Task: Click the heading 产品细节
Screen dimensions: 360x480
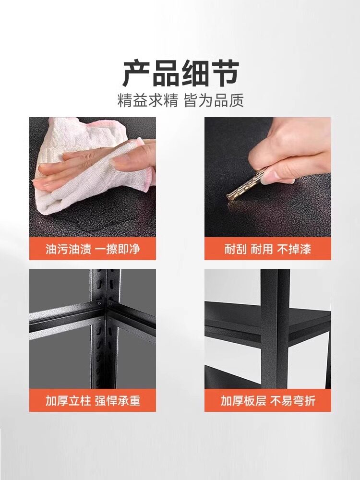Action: [x=180, y=73]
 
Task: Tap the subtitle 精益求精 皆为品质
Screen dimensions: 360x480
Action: [x=180, y=100]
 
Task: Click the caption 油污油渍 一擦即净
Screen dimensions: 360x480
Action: [x=93, y=249]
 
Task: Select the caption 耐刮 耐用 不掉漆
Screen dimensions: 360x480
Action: [x=267, y=249]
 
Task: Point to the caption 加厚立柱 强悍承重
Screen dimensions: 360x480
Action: [x=93, y=400]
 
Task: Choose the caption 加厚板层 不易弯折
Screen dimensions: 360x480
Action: [x=268, y=400]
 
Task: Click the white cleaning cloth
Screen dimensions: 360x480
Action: [x=92, y=165]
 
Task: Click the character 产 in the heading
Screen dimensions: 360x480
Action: [x=136, y=73]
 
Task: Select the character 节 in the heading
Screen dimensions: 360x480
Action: [x=225, y=73]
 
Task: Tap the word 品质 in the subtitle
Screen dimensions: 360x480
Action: [x=228, y=100]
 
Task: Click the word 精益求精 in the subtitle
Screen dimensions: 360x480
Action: [x=147, y=100]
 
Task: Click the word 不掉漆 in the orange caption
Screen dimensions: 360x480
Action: [x=294, y=249]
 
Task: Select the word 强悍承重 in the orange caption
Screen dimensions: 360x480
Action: [x=118, y=400]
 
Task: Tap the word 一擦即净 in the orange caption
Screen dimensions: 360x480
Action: [x=118, y=249]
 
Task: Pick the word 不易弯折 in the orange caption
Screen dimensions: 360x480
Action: [x=293, y=400]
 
